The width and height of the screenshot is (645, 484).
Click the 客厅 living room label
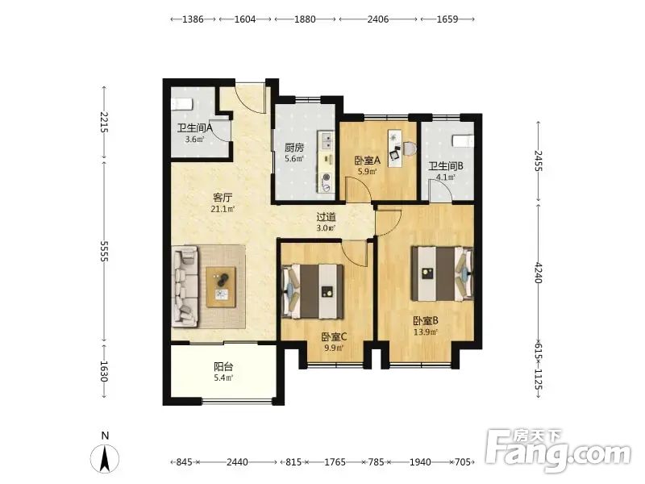tap(223, 197)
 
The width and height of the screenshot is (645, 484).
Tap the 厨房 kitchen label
tap(294, 148)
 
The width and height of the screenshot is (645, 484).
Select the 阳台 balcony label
tap(223, 366)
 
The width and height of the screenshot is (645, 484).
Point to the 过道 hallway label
tap(326, 216)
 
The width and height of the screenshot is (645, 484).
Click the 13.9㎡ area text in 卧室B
tap(426, 332)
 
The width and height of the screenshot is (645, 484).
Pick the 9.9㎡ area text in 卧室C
tap(334, 348)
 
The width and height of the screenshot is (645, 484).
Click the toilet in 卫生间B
tap(463, 140)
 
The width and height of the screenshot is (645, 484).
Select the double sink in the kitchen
tap(327, 140)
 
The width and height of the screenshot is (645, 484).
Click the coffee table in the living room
tap(221, 287)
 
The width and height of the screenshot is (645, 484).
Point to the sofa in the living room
tap(186, 287)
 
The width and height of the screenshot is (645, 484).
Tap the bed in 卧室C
tap(312, 291)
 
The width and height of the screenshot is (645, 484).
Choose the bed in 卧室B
tap(442, 273)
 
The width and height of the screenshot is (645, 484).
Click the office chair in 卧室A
tap(395, 152)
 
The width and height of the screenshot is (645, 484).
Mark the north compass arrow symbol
tap(105, 458)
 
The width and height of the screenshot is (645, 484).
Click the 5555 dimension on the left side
tap(104, 252)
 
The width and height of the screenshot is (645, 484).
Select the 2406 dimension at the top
tap(378, 19)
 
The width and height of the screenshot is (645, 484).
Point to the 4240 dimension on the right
tap(538, 273)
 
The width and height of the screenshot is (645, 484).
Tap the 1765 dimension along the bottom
tap(335, 462)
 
